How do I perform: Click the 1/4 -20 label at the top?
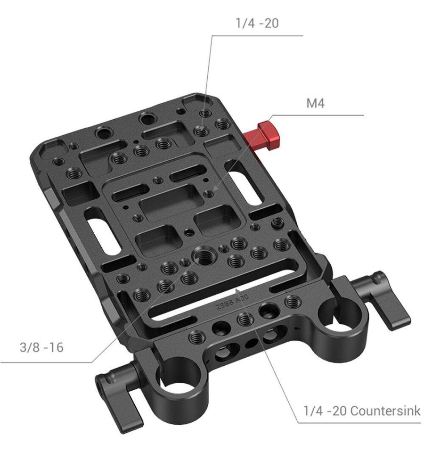tap(257, 23)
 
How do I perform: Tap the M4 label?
tap(315, 103)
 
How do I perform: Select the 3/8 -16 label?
tap(41, 347)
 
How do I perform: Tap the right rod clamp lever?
tap(380, 300)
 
